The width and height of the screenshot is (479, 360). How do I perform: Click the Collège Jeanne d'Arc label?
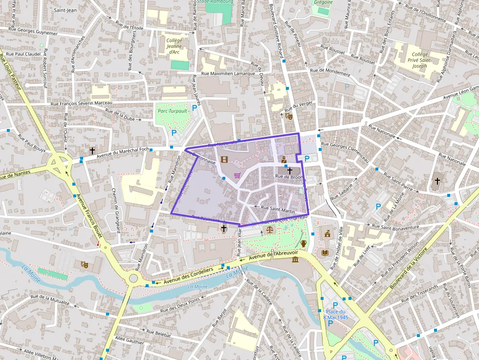tap(174, 46)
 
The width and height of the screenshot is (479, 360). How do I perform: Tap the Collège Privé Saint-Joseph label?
tap(419, 60)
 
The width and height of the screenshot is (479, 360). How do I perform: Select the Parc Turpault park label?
tap(172, 111)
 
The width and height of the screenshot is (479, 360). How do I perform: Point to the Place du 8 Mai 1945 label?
tap(335, 315)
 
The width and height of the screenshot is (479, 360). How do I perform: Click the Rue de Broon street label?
tap(289, 177)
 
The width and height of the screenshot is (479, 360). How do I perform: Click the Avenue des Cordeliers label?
tap(188, 276)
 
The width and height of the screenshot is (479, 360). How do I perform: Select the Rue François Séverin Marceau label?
tap(82, 103)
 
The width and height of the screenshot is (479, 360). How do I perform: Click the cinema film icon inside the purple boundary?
tap(224, 159)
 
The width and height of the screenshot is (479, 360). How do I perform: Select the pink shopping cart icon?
tap(237, 175)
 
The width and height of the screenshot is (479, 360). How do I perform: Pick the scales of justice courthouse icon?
tap(270, 228)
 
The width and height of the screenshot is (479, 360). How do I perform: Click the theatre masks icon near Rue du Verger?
tap(288, 116)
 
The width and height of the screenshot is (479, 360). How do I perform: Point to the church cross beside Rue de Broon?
tap(289, 170)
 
